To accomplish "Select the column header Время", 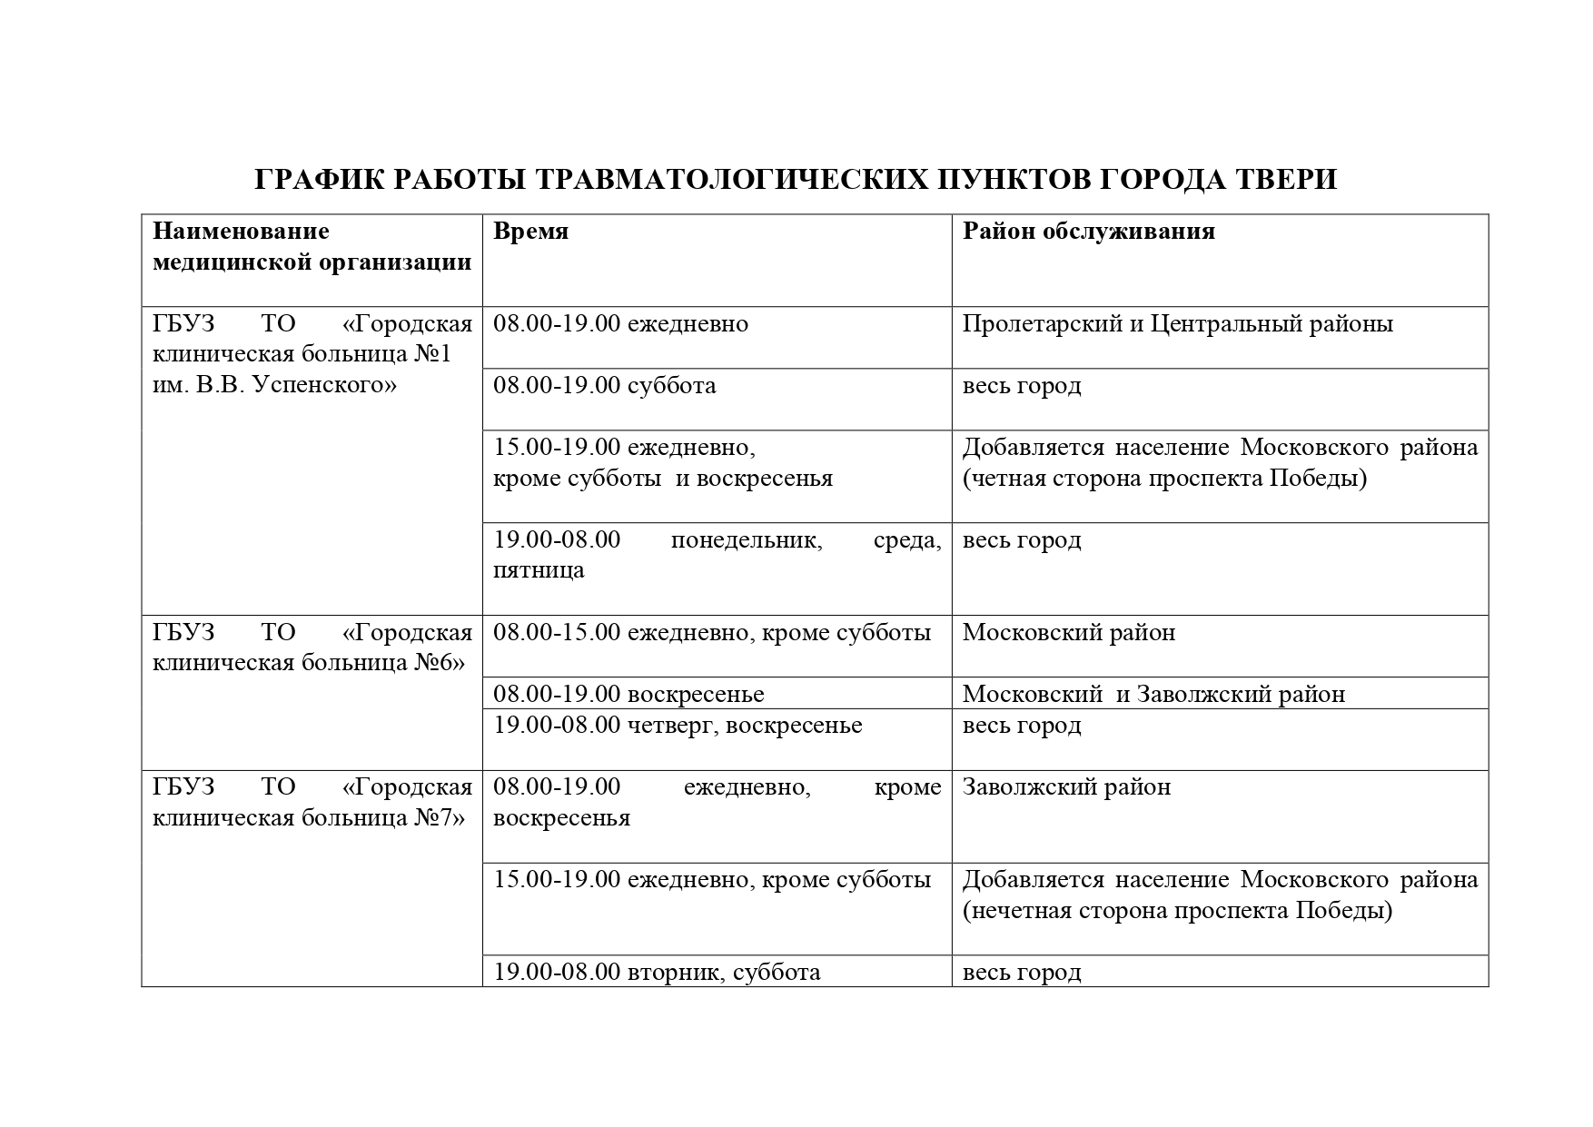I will click(530, 232).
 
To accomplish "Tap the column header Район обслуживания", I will click(1088, 232).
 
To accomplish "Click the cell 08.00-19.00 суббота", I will click(604, 386).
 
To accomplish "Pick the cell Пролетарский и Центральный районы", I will click(1177, 324).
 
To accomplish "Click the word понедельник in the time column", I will click(746, 540).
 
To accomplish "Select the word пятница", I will click(539, 571).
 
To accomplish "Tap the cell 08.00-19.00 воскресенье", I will click(628, 695).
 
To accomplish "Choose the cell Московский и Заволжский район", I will click(1153, 695).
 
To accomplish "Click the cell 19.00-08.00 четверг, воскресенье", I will click(678, 726).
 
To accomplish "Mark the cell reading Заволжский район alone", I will click(1066, 787).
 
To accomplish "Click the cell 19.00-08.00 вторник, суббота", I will click(657, 973).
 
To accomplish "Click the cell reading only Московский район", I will click(1068, 633).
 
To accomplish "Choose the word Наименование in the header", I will click(241, 232).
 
